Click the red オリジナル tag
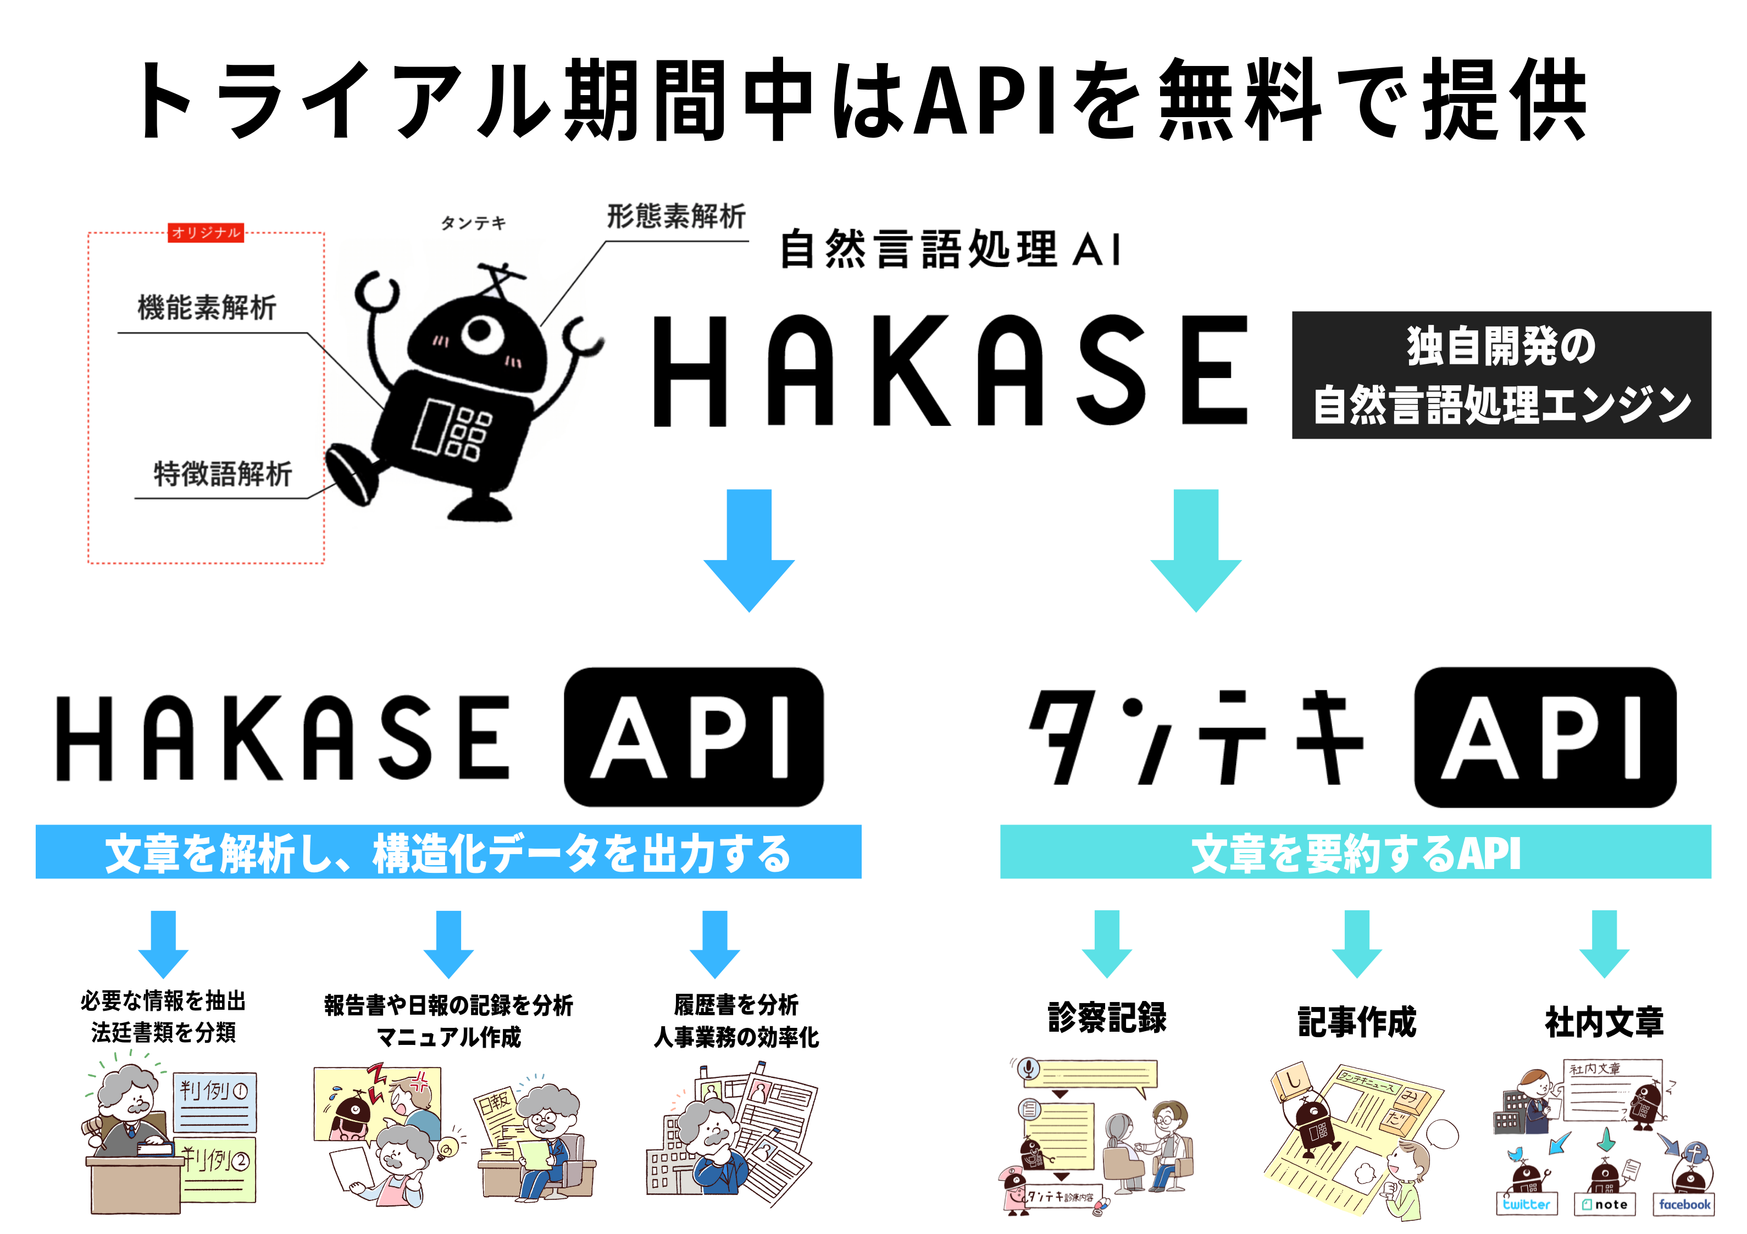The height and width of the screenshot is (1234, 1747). [x=206, y=232]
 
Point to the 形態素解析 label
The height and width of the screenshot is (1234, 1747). [x=676, y=216]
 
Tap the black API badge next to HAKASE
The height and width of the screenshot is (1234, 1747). [x=693, y=737]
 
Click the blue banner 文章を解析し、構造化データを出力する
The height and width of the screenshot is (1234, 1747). [x=448, y=852]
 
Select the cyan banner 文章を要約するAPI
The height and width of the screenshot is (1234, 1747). [x=1355, y=852]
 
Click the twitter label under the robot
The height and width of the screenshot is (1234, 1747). [x=1526, y=1204]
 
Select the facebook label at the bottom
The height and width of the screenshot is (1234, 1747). [x=1684, y=1204]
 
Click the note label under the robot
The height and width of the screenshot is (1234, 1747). [x=1605, y=1204]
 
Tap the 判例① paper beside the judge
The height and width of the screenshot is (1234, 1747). [x=214, y=1101]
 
